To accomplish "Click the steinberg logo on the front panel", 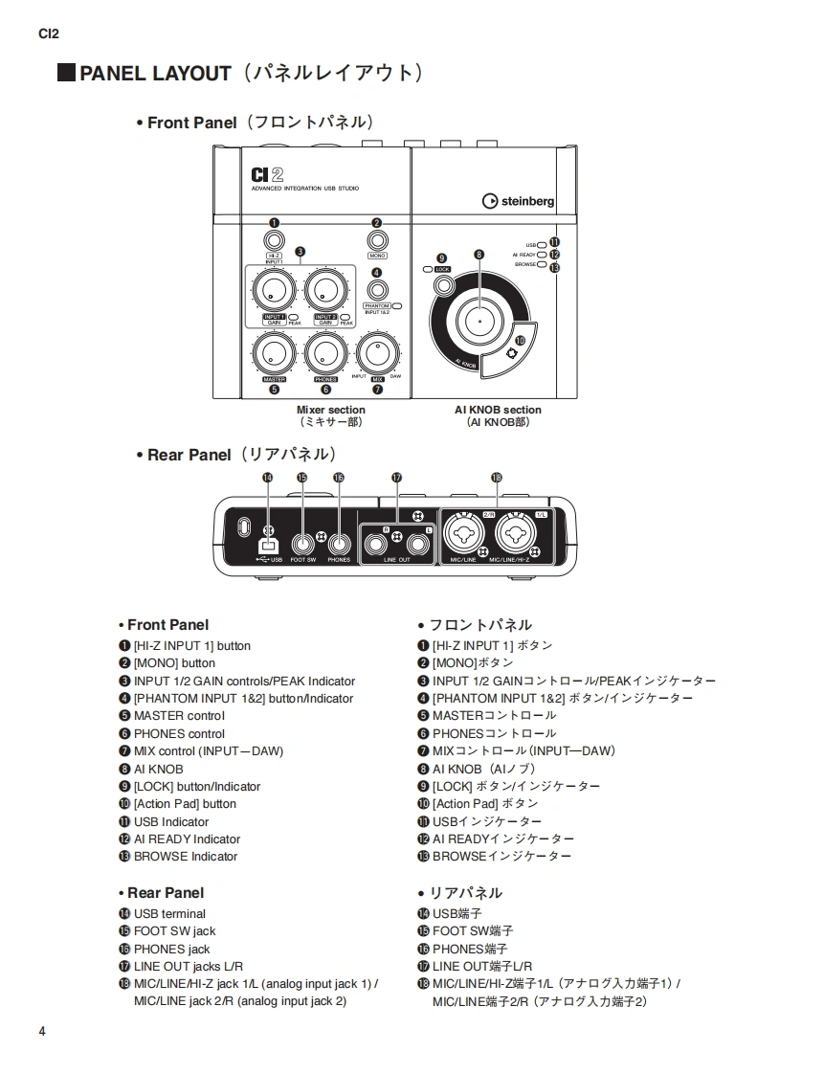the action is coord(518,201).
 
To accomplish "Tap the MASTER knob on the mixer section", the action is coord(274,353).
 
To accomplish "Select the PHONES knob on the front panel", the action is coord(325,353).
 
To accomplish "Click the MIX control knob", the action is coord(377,353).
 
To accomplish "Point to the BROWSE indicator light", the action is coord(542,264).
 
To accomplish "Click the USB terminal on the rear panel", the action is coord(268,544).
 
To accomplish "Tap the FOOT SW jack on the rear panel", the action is coord(303,543).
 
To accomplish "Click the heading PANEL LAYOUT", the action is coord(155,74).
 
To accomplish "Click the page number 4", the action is coord(42,1031).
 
